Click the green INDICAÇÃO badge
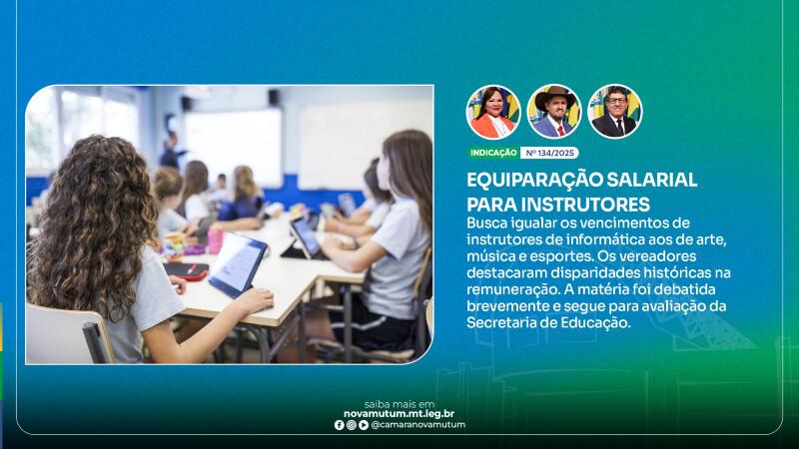(493, 153)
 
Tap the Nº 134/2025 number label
(550, 153)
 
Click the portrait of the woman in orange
(493, 112)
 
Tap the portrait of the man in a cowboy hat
(554, 112)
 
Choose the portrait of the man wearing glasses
(615, 112)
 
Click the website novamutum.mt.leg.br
(399, 414)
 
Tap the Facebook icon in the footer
(339, 425)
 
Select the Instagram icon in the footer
(352, 425)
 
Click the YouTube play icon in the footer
(364, 425)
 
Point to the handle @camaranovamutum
(418, 425)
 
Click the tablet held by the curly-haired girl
(238, 263)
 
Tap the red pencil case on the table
(187, 270)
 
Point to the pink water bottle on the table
(215, 240)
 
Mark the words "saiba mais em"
(399, 405)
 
